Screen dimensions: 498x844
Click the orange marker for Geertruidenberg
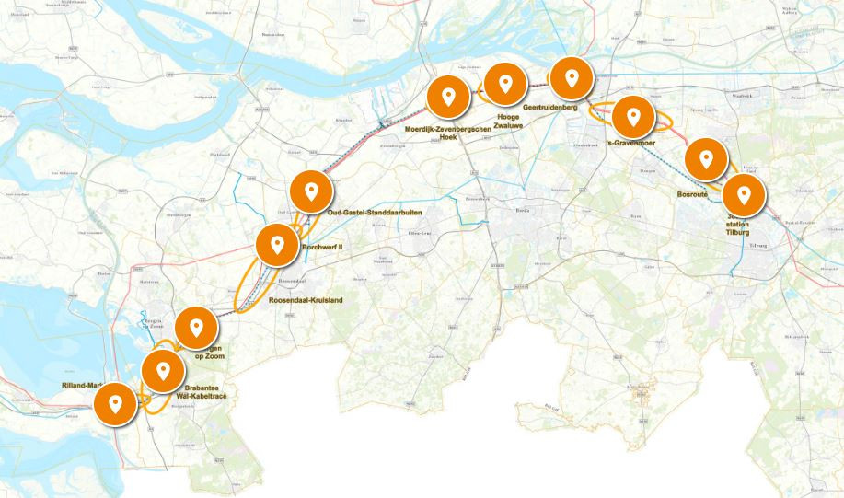(x=572, y=78)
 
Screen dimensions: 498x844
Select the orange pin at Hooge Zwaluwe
(x=504, y=85)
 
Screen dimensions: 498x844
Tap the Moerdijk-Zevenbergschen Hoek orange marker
(x=448, y=97)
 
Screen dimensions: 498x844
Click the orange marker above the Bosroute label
(x=706, y=159)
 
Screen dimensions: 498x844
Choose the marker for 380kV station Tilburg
(x=743, y=195)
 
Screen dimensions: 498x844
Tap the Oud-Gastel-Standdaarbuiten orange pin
(x=311, y=191)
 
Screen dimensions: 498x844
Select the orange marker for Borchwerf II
(x=276, y=245)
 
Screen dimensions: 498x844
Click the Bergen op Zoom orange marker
(x=195, y=327)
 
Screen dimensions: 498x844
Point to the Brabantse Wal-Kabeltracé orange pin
(x=163, y=371)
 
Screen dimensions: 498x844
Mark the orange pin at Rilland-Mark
(x=115, y=403)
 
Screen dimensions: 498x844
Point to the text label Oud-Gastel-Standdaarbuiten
(x=375, y=213)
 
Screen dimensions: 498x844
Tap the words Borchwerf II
(x=323, y=247)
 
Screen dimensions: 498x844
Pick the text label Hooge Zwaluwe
(x=509, y=122)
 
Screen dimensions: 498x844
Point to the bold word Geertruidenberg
(x=549, y=108)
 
